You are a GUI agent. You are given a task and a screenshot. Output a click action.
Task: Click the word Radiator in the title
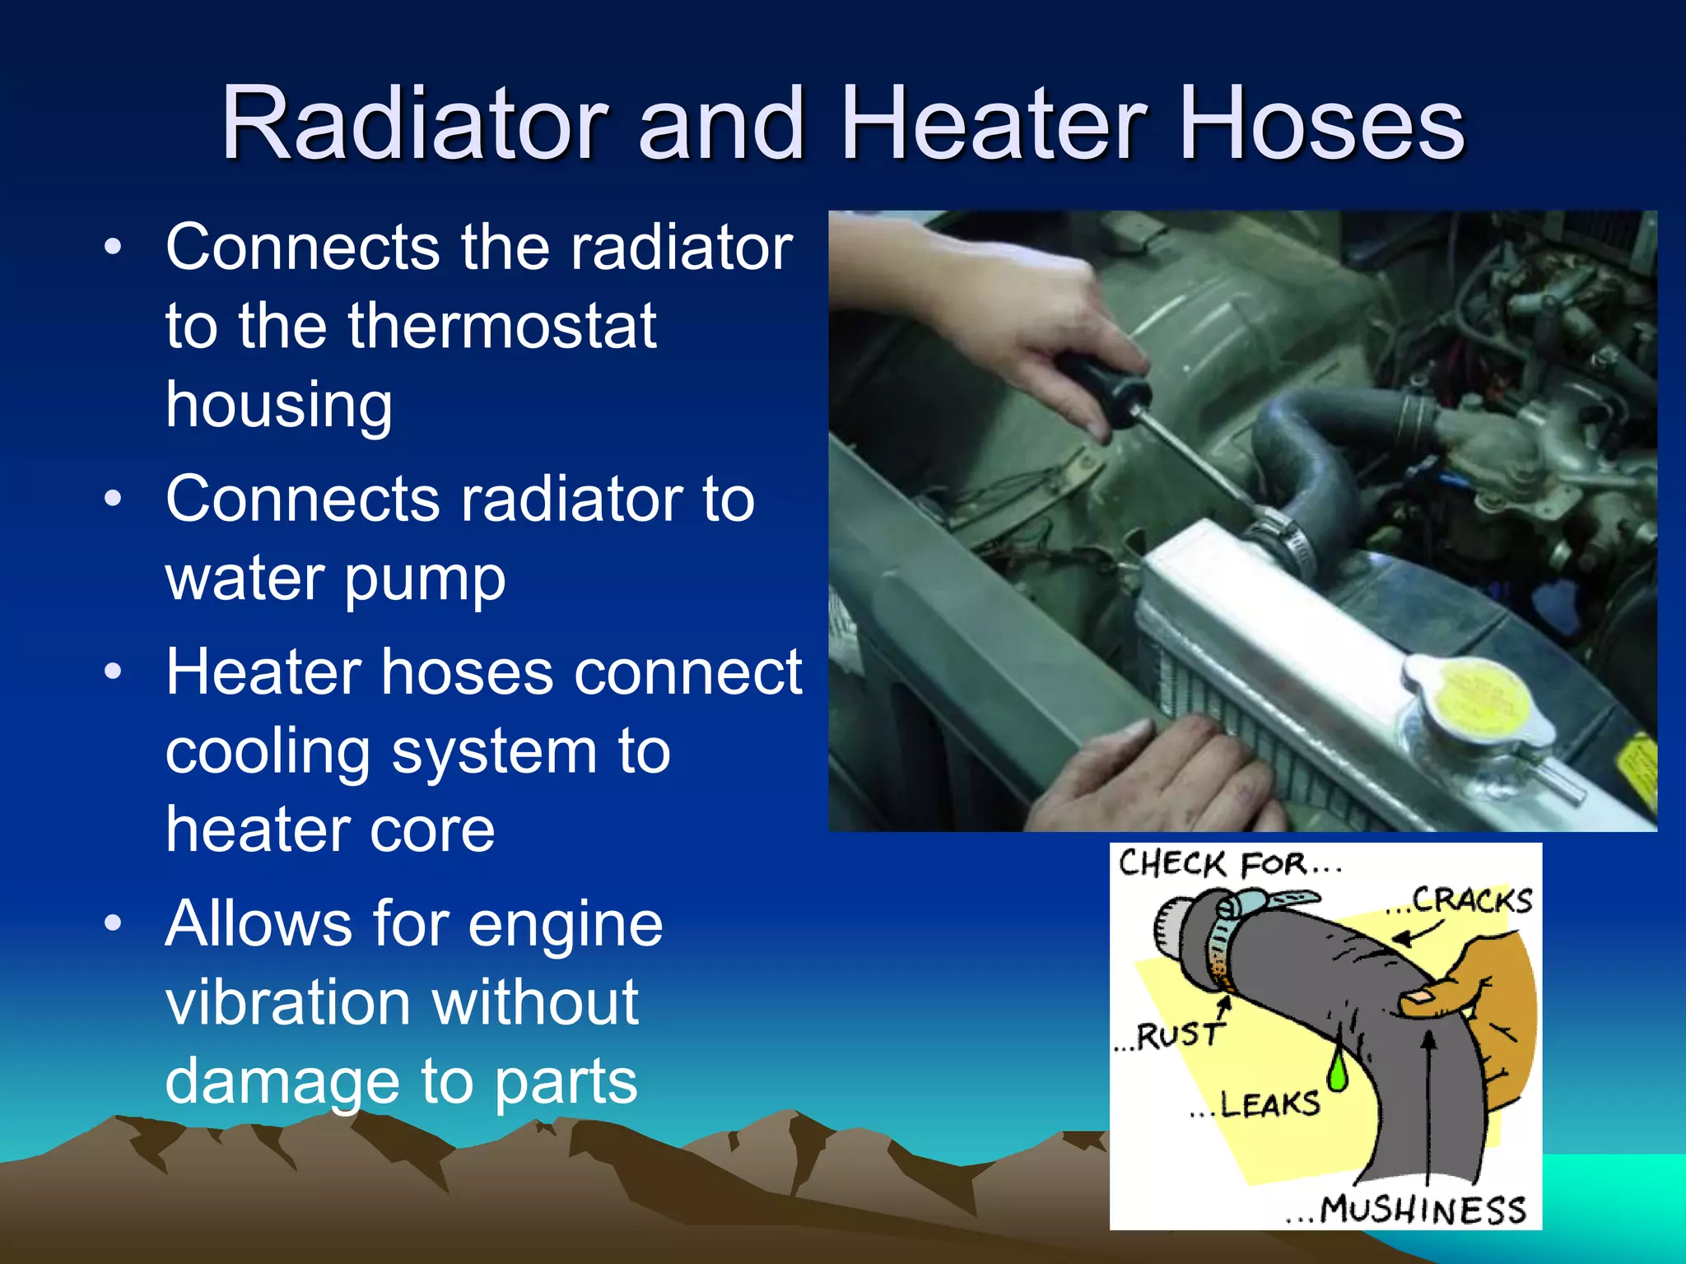[x=414, y=123]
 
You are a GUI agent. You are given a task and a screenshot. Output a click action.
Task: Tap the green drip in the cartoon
[x=1338, y=1070]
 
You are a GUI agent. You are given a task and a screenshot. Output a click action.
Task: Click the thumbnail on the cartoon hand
[x=1418, y=997]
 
